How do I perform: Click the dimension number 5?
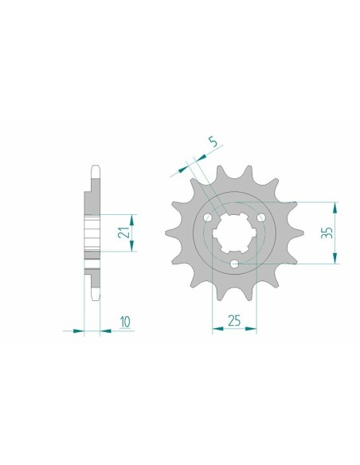(211, 143)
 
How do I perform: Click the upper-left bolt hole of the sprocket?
(209, 219)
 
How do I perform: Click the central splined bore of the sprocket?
(233, 232)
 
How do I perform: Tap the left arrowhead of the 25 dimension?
(217, 327)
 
